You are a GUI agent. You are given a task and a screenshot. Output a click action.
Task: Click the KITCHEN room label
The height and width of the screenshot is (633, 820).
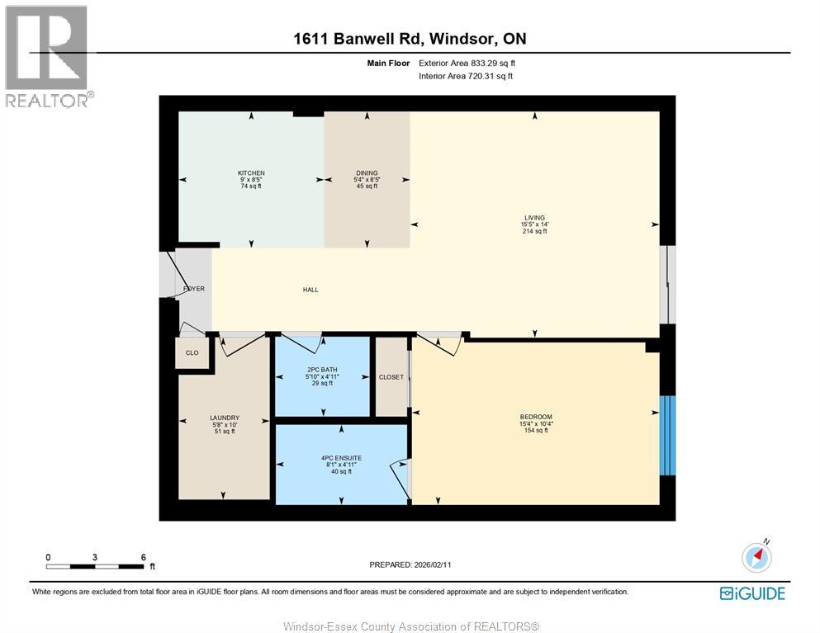click(251, 173)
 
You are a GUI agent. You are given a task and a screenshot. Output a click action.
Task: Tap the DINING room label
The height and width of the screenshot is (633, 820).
click(366, 173)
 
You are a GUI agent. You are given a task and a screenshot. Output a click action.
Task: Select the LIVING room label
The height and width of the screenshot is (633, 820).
click(533, 218)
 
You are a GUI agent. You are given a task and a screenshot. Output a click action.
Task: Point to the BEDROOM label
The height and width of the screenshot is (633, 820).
click(536, 417)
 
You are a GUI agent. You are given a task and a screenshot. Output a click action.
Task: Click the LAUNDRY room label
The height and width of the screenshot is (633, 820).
click(225, 418)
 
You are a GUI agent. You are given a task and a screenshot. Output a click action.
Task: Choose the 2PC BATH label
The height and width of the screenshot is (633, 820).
click(321, 370)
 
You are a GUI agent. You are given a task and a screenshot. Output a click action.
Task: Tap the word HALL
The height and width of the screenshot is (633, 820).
click(310, 290)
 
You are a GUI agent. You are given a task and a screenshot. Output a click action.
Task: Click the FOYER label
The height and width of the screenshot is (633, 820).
click(194, 289)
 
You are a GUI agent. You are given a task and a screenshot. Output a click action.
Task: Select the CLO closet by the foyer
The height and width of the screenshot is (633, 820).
click(192, 353)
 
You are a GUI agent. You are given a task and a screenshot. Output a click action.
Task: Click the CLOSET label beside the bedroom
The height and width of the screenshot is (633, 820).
click(391, 377)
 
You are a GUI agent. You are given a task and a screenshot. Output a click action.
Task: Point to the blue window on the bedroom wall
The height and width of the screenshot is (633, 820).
click(668, 435)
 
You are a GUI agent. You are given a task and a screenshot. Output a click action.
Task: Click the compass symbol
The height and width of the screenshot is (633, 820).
click(756, 558)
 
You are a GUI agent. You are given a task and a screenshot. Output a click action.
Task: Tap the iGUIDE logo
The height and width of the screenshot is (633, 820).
click(751, 593)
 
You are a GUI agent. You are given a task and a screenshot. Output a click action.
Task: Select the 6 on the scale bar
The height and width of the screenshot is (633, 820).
click(143, 557)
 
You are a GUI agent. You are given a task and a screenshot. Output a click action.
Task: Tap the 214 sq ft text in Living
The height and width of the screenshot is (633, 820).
click(533, 231)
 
